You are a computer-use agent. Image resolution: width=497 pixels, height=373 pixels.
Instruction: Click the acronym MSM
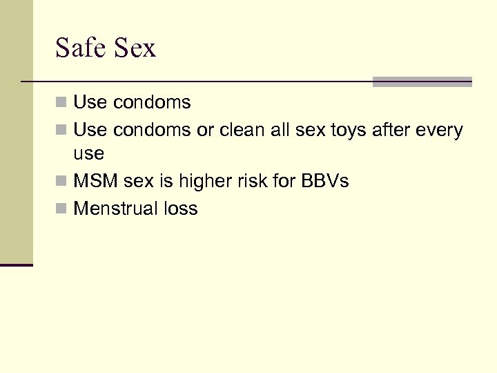92,182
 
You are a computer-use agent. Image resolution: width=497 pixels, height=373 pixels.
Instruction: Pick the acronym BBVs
324,182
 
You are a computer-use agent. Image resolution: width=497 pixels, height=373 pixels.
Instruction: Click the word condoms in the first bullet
151,103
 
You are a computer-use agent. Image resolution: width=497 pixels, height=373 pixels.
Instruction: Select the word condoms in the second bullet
151,129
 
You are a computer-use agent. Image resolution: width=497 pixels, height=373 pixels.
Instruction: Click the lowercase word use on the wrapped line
88,153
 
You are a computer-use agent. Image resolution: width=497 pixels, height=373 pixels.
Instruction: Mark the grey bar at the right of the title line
422,82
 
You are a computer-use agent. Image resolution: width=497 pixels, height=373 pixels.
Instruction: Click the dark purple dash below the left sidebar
17,265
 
